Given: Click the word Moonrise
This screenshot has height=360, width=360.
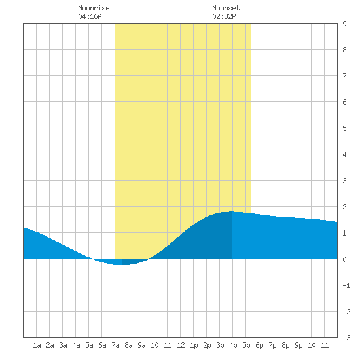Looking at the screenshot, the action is [94, 8].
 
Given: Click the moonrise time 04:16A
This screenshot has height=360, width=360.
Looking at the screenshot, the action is [90, 16].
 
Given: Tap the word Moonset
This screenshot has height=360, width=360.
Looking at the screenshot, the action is [226, 8].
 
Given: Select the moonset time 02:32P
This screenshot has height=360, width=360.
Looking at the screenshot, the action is [224, 16].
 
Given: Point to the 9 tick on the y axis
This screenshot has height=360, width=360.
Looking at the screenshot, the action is [344, 24].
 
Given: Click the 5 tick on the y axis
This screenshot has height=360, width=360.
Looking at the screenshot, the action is [344, 128].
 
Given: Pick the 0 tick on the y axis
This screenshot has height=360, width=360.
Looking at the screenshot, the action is [344, 259].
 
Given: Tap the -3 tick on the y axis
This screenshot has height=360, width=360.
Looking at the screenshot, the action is [346, 338].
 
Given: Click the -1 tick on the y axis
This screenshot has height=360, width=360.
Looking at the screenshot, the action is [346, 285].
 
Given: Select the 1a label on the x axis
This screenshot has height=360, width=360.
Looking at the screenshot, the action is [37, 345].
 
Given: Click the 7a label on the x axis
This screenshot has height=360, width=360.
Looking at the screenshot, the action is [115, 345].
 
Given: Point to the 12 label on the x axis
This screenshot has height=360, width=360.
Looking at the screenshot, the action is [181, 345].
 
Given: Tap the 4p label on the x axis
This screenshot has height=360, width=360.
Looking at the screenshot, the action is [233, 345].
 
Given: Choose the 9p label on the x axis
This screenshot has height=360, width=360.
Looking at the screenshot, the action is [298, 345].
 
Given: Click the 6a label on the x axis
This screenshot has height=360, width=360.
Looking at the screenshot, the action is [102, 345].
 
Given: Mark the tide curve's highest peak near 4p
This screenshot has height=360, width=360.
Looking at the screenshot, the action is [232, 211].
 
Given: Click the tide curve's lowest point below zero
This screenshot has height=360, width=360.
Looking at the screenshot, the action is [122, 264].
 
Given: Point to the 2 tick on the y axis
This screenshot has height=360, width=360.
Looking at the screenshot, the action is [344, 207].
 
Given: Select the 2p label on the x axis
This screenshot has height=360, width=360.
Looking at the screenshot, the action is [207, 345].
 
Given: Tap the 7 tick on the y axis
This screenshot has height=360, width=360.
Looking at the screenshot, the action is [344, 76].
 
